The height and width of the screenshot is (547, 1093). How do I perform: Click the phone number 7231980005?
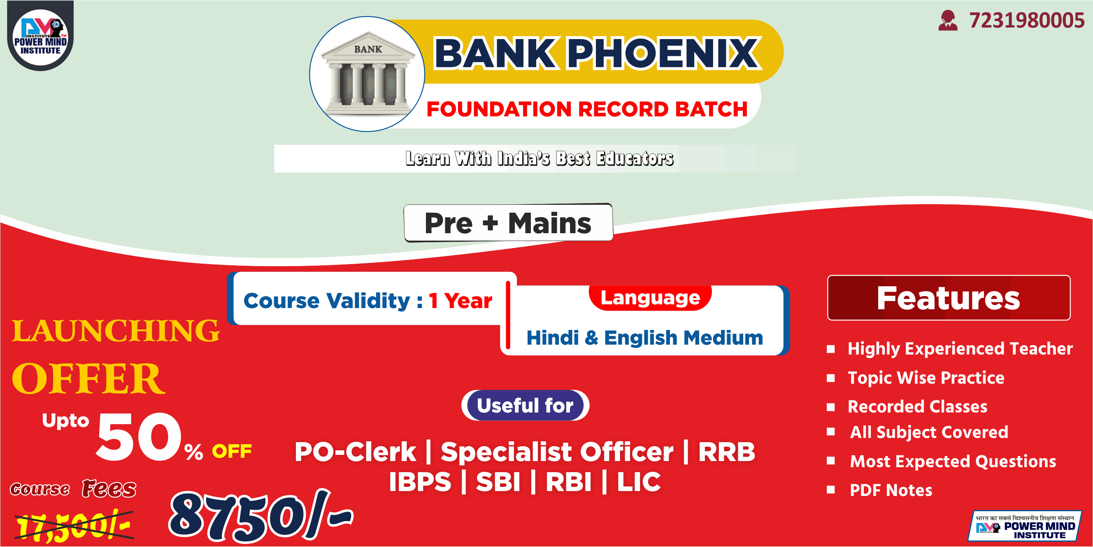[1026, 20]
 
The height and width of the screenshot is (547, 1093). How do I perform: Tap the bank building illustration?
[367, 74]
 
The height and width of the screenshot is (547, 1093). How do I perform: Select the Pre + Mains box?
[508, 223]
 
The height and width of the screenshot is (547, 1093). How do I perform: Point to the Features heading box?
[949, 298]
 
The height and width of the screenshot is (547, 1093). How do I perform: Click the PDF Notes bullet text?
[891, 490]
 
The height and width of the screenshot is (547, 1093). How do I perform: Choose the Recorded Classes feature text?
[917, 407]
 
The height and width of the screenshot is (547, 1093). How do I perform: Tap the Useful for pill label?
[525, 406]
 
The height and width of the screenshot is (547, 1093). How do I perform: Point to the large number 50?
[139, 436]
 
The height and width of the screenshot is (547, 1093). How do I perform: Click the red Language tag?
[650, 298]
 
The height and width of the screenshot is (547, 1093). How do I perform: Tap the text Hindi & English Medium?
[644, 338]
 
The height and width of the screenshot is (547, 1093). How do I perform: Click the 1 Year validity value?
[460, 301]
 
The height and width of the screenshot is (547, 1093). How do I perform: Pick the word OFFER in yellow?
[88, 378]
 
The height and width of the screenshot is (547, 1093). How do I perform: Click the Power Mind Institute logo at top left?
[40, 36]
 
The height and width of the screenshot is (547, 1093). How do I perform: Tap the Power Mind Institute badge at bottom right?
[1024, 526]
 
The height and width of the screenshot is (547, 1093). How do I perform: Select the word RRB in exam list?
[726, 452]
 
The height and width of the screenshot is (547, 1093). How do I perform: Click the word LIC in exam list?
[639, 482]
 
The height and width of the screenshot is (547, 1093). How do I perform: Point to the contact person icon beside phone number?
[948, 20]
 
